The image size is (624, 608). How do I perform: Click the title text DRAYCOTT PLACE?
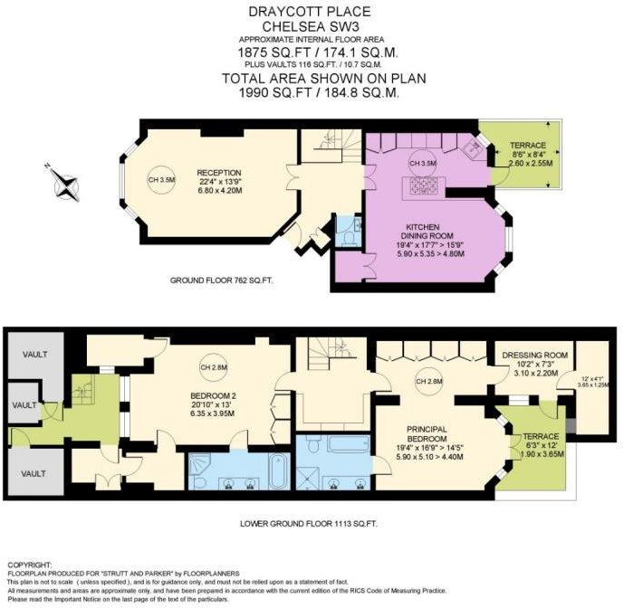[x=312, y=11]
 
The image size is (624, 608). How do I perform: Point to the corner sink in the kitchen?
[x=471, y=148]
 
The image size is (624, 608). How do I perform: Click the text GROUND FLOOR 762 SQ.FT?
[x=222, y=281]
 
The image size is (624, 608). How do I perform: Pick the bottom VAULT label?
[x=34, y=473]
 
